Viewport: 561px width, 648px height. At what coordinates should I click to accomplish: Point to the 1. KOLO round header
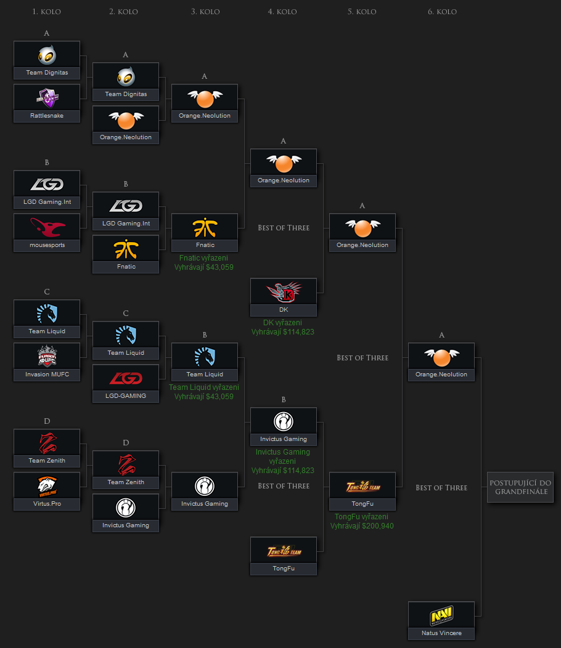click(x=47, y=12)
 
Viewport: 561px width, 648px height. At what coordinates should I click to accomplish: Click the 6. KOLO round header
click(x=442, y=12)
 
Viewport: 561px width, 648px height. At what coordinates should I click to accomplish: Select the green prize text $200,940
click(x=362, y=526)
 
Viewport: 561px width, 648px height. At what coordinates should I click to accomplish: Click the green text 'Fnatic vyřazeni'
click(x=205, y=258)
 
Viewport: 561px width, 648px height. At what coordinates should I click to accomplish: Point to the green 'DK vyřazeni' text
click(x=283, y=323)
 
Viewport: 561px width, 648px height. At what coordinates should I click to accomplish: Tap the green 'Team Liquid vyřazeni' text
click(x=204, y=387)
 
